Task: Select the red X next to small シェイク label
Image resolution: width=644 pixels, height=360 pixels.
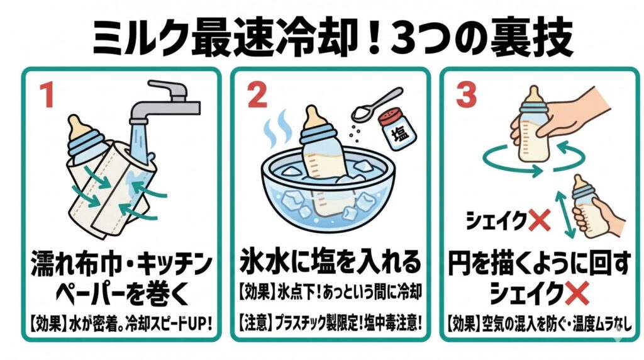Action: pyautogui.click(x=539, y=221)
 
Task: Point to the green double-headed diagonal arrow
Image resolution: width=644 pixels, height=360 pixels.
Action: pyautogui.click(x=565, y=214)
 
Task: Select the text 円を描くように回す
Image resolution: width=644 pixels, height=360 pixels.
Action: pyautogui.click(x=539, y=264)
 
